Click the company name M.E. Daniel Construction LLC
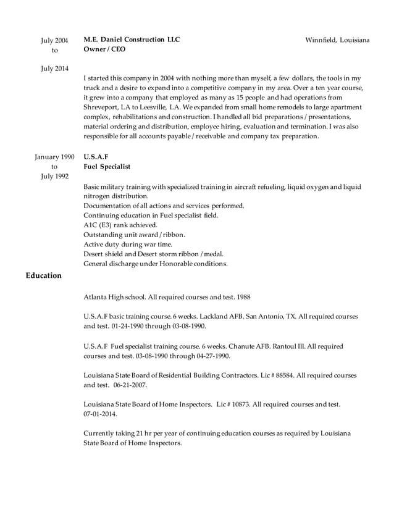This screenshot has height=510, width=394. [x=132, y=40]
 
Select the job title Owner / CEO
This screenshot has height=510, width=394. [x=104, y=49]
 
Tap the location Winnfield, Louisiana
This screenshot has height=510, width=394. [x=337, y=40]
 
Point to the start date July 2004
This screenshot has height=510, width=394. [x=54, y=41]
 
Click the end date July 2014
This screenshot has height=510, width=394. [x=54, y=68]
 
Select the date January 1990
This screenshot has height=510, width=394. [x=54, y=157]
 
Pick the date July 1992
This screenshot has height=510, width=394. [x=54, y=177]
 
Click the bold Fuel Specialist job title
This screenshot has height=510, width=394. [x=107, y=167]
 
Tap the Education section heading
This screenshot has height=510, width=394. [x=43, y=275]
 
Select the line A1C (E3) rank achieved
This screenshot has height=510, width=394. [x=115, y=225]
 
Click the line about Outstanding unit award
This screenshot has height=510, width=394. [x=134, y=235]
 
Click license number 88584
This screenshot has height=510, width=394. [x=281, y=375]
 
